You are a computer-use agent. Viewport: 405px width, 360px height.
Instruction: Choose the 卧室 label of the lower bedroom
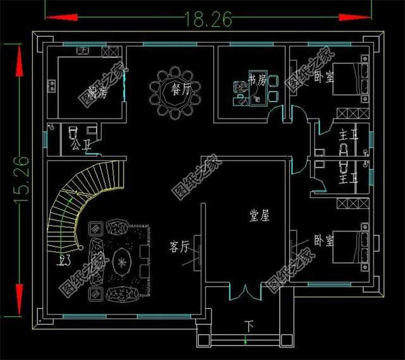point(324,241)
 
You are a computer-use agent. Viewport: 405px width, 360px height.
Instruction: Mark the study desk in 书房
point(259,89)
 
